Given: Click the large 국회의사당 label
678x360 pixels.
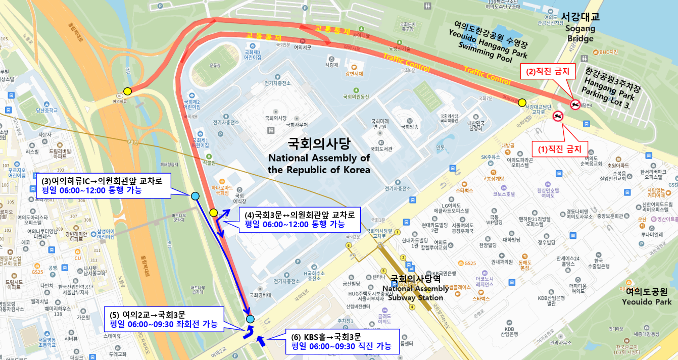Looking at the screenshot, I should [319, 143].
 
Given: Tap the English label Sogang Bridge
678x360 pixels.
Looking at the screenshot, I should [580, 34].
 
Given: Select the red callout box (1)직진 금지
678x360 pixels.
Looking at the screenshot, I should [559, 149].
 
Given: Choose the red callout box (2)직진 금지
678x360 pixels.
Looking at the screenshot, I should [548, 72].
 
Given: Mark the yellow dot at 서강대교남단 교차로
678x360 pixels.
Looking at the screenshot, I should [522, 102].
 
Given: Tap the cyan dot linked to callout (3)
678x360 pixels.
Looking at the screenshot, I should [195, 196].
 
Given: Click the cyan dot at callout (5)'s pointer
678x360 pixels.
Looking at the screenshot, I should [250, 319].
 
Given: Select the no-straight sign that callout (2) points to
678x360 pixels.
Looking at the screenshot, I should [575, 105].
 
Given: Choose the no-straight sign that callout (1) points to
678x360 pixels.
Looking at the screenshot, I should [558, 117].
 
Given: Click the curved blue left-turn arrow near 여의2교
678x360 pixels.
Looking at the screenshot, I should [249, 331].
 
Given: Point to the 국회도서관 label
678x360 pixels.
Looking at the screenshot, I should [381, 148].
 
